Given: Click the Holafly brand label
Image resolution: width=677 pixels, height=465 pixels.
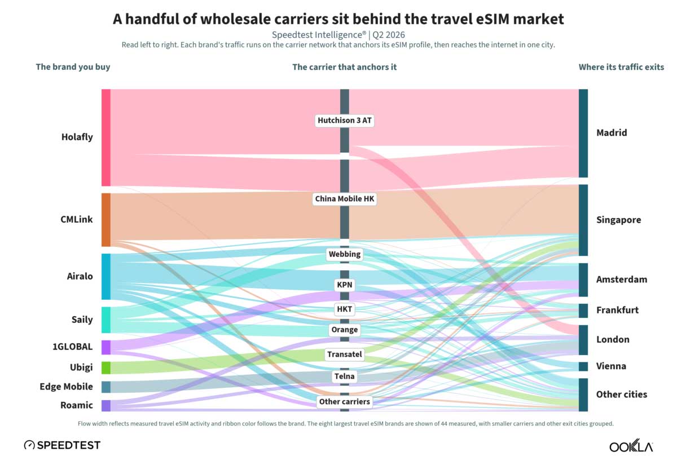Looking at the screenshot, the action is coord(77,137).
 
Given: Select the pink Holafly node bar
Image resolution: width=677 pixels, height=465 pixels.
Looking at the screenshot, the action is coord(106,138).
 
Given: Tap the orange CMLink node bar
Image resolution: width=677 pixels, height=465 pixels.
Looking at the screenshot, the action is coord(106,220).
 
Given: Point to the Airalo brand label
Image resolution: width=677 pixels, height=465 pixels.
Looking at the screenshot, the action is coord(80,276).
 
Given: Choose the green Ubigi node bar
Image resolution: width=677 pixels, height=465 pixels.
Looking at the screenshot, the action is coord(106,367).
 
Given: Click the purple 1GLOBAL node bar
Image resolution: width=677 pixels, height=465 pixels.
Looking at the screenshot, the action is coord(106,347).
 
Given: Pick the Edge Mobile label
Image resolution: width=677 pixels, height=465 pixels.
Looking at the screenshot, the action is coord(66,387).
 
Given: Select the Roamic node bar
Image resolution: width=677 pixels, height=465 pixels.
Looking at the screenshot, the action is coord(106,405).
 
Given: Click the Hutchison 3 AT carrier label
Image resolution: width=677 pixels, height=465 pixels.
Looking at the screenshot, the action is coord(345,121).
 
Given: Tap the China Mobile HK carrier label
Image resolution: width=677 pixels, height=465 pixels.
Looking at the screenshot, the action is coord(345,199).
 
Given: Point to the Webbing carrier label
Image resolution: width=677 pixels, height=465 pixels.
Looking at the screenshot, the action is coord(345,254).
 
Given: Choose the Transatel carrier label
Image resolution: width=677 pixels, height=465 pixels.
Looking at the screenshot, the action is coord(345,354).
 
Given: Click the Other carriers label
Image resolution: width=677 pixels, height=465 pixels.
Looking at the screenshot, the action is coord(345,401).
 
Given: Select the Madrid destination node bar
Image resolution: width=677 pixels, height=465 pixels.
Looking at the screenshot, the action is coord(583,133).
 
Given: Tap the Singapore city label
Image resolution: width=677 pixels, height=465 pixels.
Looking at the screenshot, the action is coord(619,220).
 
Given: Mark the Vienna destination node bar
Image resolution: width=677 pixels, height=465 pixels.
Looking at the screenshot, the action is coord(583,366).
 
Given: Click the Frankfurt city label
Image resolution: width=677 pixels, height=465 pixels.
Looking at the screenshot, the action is coord(617,310).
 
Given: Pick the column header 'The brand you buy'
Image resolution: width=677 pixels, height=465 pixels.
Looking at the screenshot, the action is coord(73,67).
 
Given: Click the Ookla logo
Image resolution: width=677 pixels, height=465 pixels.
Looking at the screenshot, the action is coord(631,446).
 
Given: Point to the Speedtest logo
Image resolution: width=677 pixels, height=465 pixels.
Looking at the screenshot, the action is coord(62,445).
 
